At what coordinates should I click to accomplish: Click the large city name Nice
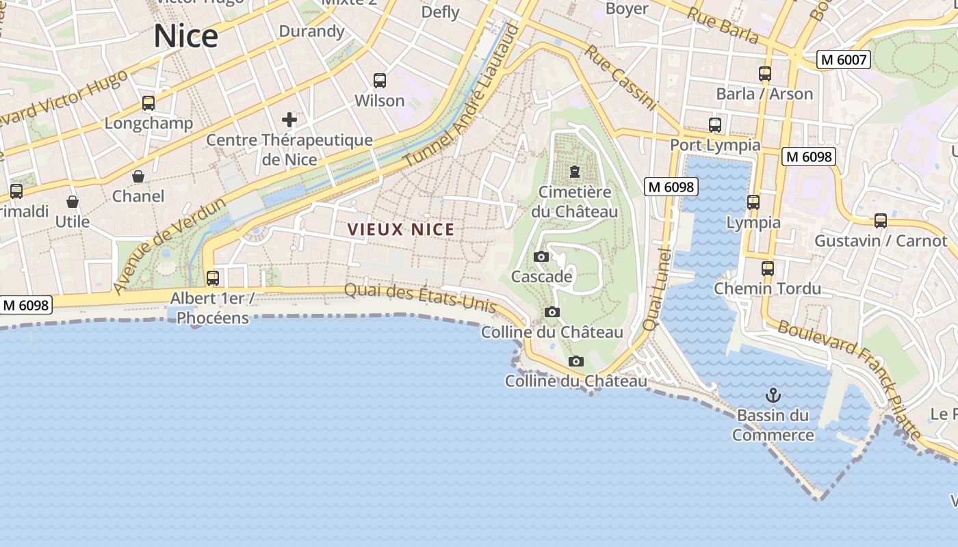point(185,36)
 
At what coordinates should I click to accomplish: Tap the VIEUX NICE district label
point(401,230)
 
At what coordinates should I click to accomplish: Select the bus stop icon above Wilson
point(380,81)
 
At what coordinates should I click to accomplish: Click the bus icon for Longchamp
point(148,103)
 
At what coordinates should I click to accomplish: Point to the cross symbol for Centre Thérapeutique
point(289,120)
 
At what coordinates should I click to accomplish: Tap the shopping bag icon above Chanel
point(138,176)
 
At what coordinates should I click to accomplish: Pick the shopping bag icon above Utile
point(73,202)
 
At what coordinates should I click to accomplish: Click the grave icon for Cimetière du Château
point(575,172)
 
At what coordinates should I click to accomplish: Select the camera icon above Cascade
point(541,257)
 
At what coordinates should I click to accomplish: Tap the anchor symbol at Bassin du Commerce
point(773,395)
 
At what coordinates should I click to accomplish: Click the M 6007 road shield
point(843,60)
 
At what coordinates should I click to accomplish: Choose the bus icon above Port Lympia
point(715,125)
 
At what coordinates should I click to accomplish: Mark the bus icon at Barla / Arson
point(765,74)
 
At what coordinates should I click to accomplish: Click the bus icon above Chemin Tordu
point(768,269)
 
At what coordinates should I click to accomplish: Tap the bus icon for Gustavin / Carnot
point(881,221)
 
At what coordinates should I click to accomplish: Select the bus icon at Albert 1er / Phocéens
point(213,278)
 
